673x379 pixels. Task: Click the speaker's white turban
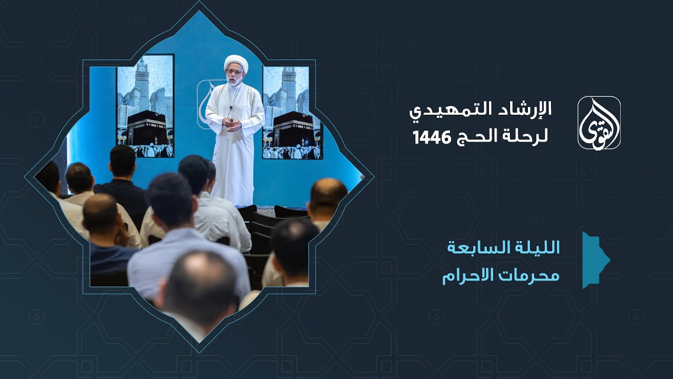pyautogui.click(x=236, y=63)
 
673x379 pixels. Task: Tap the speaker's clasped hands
pyautogui.click(x=231, y=125)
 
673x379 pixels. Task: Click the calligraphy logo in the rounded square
pyautogui.click(x=599, y=123)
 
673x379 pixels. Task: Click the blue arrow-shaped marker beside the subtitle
pyautogui.click(x=594, y=260)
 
